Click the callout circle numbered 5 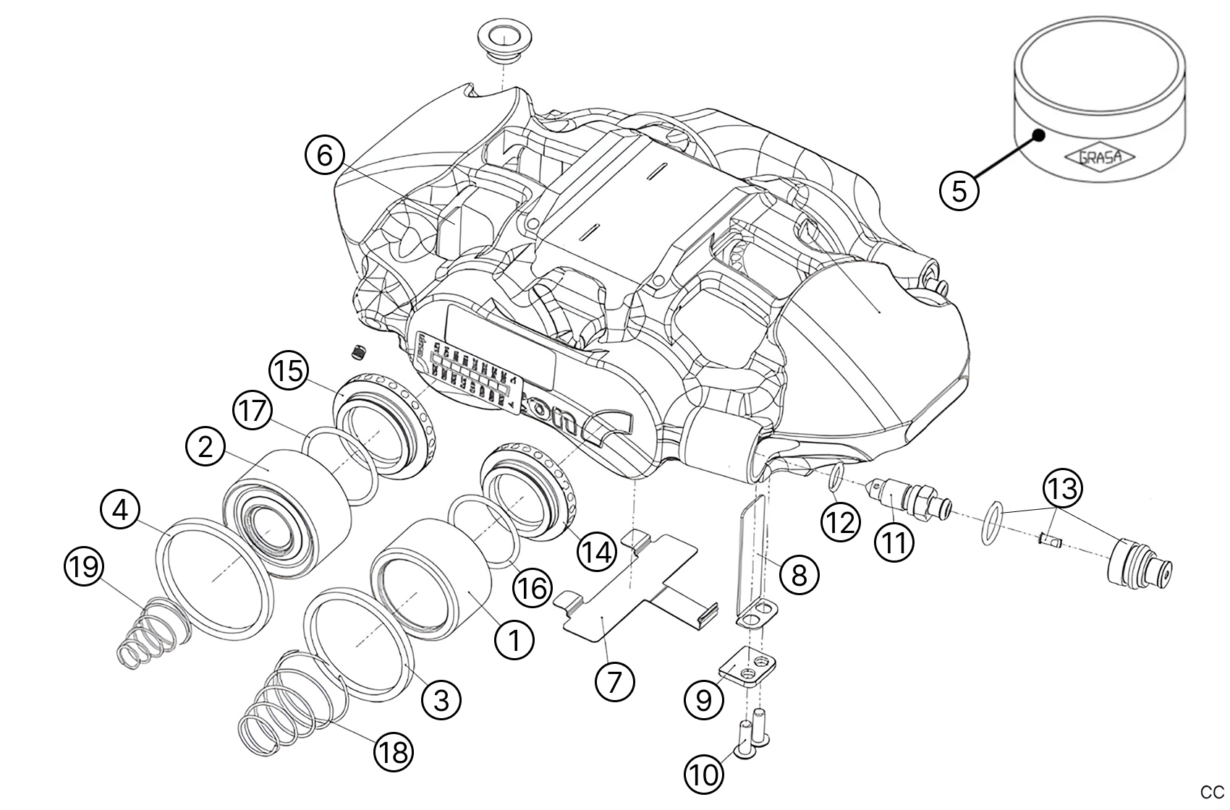[x=959, y=191]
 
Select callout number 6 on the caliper [x=324, y=155]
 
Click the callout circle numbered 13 [x=1062, y=488]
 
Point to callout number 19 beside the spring [x=84, y=566]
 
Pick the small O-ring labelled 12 [x=835, y=477]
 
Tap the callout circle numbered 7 [x=614, y=681]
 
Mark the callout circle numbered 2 [x=205, y=448]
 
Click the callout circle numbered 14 [x=596, y=553]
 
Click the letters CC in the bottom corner [x=1212, y=792]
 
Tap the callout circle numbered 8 [x=799, y=575]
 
